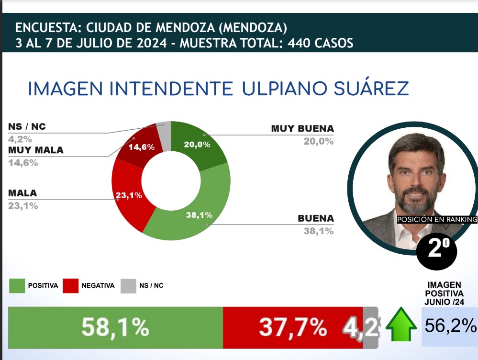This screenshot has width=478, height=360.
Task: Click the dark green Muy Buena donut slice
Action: (199, 143)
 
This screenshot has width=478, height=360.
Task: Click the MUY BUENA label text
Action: (302, 129)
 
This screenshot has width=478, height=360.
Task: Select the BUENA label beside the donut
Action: (315, 218)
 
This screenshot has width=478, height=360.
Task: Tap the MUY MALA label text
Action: (36, 150)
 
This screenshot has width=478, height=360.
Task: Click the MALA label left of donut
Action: (22, 193)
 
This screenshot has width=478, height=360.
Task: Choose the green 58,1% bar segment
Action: (115, 327)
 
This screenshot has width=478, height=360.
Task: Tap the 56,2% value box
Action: (450, 326)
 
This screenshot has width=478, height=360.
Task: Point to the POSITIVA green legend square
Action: (17, 285)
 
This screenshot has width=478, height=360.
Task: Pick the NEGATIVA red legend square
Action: (71, 285)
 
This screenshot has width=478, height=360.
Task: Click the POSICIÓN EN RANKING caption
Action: (437, 220)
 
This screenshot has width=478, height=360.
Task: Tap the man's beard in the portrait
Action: (413, 201)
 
